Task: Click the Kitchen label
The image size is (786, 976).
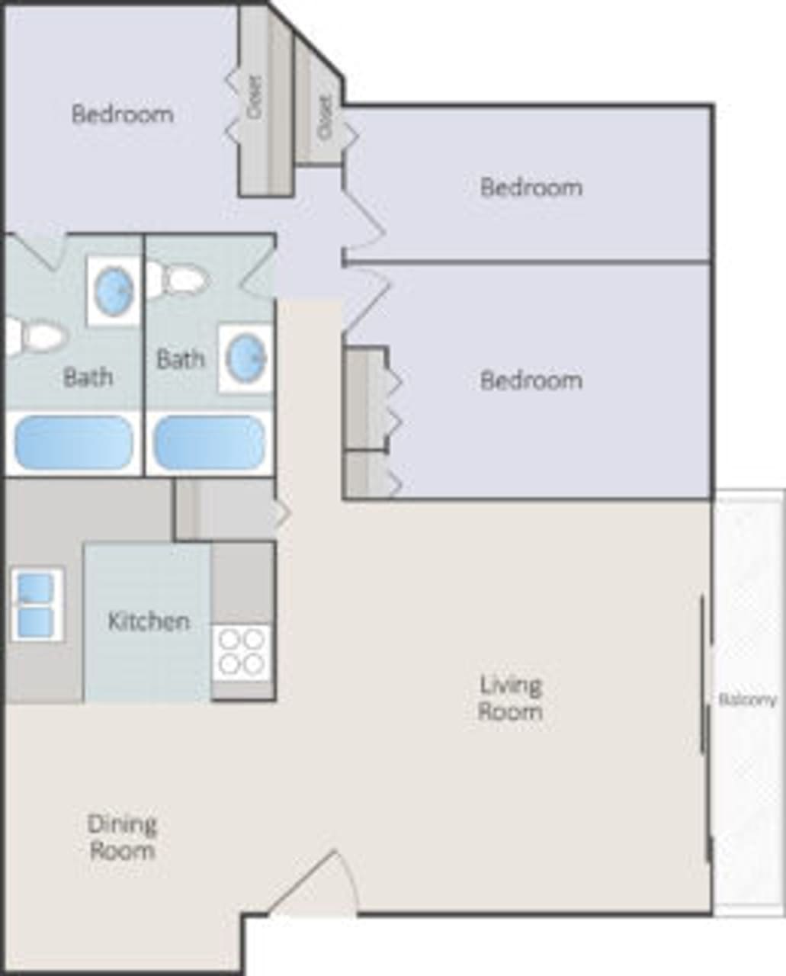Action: click(x=149, y=621)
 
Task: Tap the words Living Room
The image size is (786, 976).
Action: click(x=510, y=698)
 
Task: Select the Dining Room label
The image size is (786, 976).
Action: click(x=122, y=836)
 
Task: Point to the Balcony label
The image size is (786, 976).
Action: click(x=747, y=699)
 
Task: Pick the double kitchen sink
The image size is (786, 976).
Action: click(x=35, y=605)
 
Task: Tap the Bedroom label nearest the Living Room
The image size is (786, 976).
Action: click(x=531, y=380)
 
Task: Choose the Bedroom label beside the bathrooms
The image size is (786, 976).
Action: click(x=122, y=114)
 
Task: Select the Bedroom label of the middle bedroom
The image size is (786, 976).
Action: click(x=531, y=187)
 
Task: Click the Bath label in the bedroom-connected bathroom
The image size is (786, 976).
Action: click(x=88, y=377)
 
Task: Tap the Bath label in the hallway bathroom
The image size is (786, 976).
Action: click(x=180, y=358)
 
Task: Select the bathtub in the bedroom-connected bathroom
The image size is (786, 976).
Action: click(x=74, y=442)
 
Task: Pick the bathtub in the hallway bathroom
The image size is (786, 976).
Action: click(x=210, y=442)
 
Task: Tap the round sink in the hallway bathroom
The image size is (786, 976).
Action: click(x=246, y=358)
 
